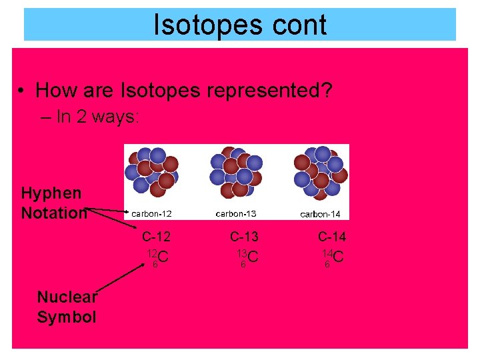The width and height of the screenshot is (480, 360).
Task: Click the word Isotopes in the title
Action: [200, 25]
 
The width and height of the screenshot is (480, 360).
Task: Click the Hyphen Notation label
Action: [53, 203]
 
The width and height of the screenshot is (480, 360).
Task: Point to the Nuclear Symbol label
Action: [67, 307]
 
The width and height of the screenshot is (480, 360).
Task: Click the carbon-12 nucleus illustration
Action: [152, 173]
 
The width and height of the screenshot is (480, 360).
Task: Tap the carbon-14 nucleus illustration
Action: [320, 173]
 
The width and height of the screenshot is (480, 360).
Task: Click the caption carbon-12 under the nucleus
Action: [151, 214]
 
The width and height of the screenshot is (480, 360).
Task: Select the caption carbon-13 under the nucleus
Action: [236, 213]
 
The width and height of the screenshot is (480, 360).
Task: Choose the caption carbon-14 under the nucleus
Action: [320, 214]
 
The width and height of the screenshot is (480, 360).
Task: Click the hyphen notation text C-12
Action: [155, 236]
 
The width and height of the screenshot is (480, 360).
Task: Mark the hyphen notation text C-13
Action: [244, 236]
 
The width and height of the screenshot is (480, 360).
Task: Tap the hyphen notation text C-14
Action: [331, 236]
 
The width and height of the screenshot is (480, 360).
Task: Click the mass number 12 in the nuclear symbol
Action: [152, 253]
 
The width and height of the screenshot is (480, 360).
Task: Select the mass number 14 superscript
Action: [327, 253]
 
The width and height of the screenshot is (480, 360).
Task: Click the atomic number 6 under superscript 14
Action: [327, 265]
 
